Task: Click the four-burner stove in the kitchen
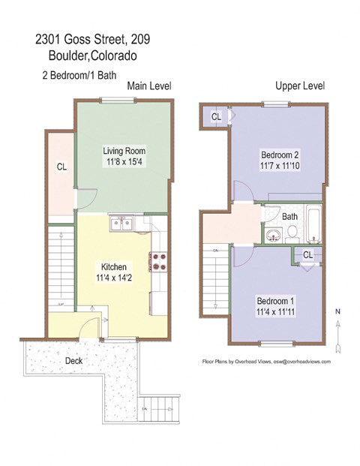(159, 261)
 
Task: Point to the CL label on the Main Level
(61, 167)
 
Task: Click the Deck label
(73, 360)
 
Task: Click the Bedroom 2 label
(279, 149)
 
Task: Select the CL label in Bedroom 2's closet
(216, 117)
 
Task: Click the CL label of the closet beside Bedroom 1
(307, 255)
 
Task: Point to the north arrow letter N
(338, 311)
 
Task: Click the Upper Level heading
(300, 86)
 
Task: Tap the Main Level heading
(149, 86)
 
